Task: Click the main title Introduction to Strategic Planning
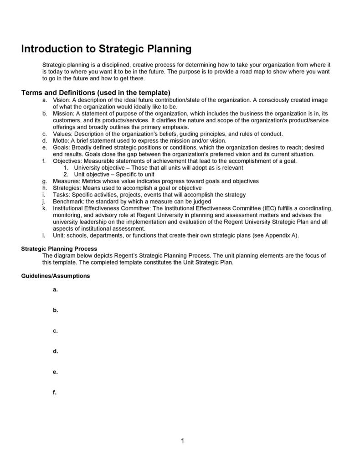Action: point(106,49)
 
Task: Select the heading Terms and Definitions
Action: point(96,93)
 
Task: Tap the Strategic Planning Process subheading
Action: point(59,249)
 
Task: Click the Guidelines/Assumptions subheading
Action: point(56,276)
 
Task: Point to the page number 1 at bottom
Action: point(182,440)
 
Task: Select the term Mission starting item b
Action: point(63,114)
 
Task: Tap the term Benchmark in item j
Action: point(68,201)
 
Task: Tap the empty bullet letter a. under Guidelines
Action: point(55,290)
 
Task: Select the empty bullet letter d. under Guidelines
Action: point(55,351)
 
